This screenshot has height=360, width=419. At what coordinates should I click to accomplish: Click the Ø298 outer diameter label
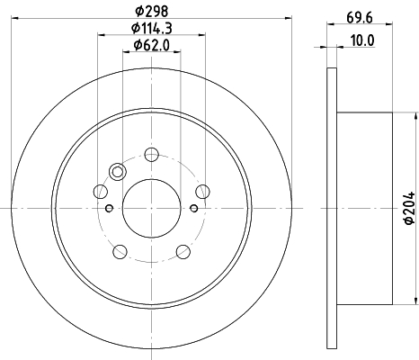point(151,12)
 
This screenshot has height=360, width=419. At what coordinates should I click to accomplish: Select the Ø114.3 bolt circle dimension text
point(151,29)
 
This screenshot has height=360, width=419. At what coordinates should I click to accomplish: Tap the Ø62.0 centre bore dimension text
point(151,45)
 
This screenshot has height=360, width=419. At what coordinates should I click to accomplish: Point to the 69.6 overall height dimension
point(360,18)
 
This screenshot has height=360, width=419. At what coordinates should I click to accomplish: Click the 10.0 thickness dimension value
point(362,40)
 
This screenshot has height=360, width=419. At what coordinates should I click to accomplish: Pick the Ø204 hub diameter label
point(409,208)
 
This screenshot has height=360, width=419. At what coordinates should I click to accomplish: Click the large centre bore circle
point(151,208)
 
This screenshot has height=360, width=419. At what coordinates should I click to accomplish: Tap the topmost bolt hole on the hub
point(151,155)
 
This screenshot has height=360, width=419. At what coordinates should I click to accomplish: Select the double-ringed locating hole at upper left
point(118,172)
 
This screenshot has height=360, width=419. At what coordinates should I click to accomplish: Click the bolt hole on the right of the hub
point(202,192)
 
